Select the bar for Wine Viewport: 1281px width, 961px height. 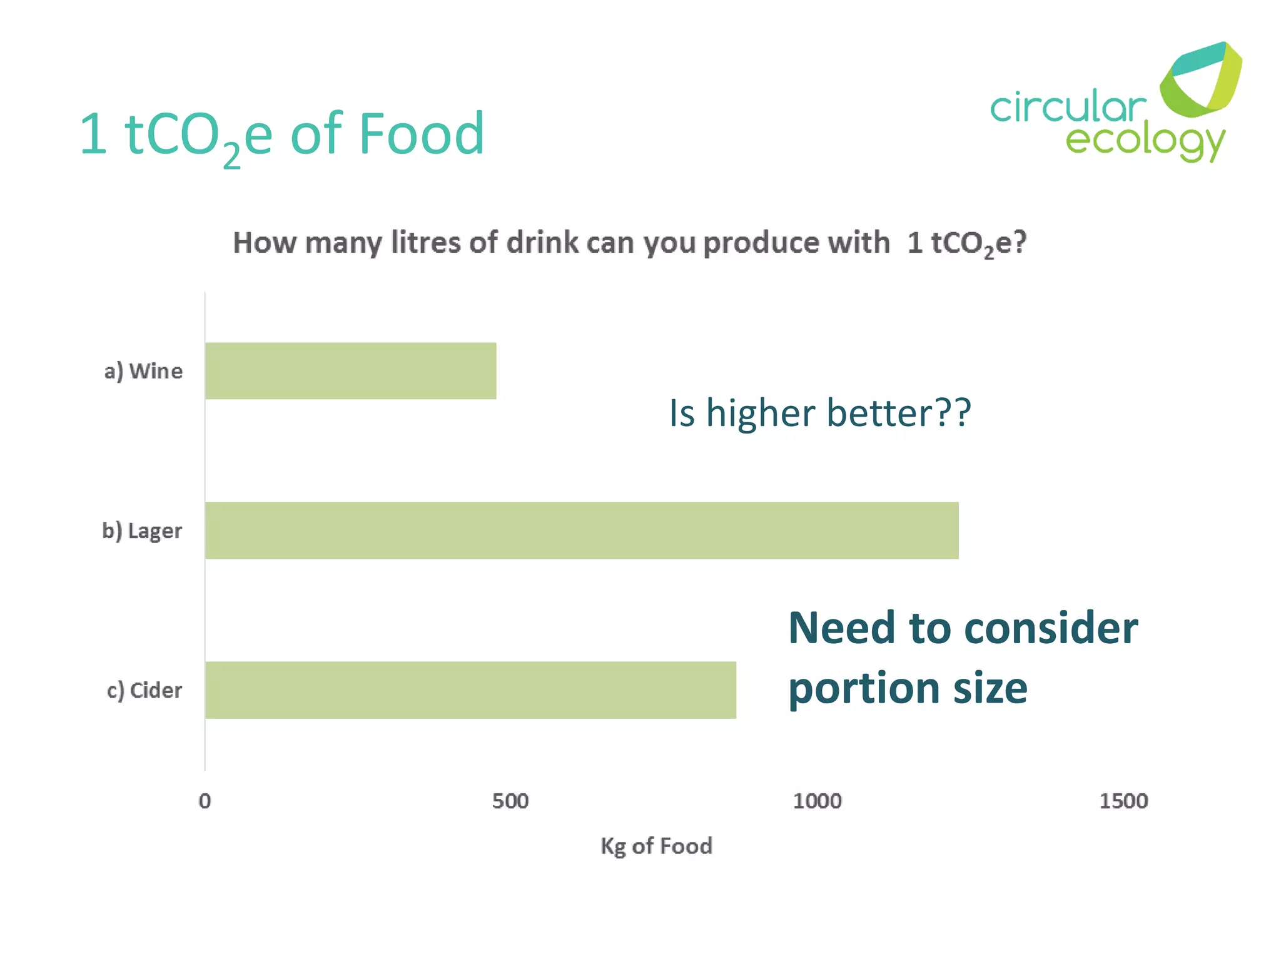pos(350,370)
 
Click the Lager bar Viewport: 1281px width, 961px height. pos(582,530)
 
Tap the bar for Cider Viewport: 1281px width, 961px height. pos(470,689)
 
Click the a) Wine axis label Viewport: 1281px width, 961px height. pos(143,371)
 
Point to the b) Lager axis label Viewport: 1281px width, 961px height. pos(142,531)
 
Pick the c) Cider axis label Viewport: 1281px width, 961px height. pos(144,690)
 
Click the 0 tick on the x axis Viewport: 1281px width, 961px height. pos(205,801)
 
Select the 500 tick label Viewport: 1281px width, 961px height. pos(510,801)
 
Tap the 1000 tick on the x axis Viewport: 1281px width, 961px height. pos(817,801)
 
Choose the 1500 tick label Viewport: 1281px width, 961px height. pos(1123,801)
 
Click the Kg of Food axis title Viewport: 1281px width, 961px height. pos(656,846)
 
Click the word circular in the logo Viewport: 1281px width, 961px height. pos(1067,108)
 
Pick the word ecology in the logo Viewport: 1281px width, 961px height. pos(1145,141)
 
